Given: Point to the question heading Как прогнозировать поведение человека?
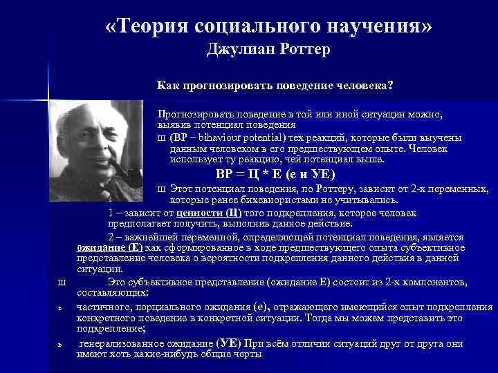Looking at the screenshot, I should pos(275,86).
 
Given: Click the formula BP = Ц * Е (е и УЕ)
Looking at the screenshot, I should pos(275,173).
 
